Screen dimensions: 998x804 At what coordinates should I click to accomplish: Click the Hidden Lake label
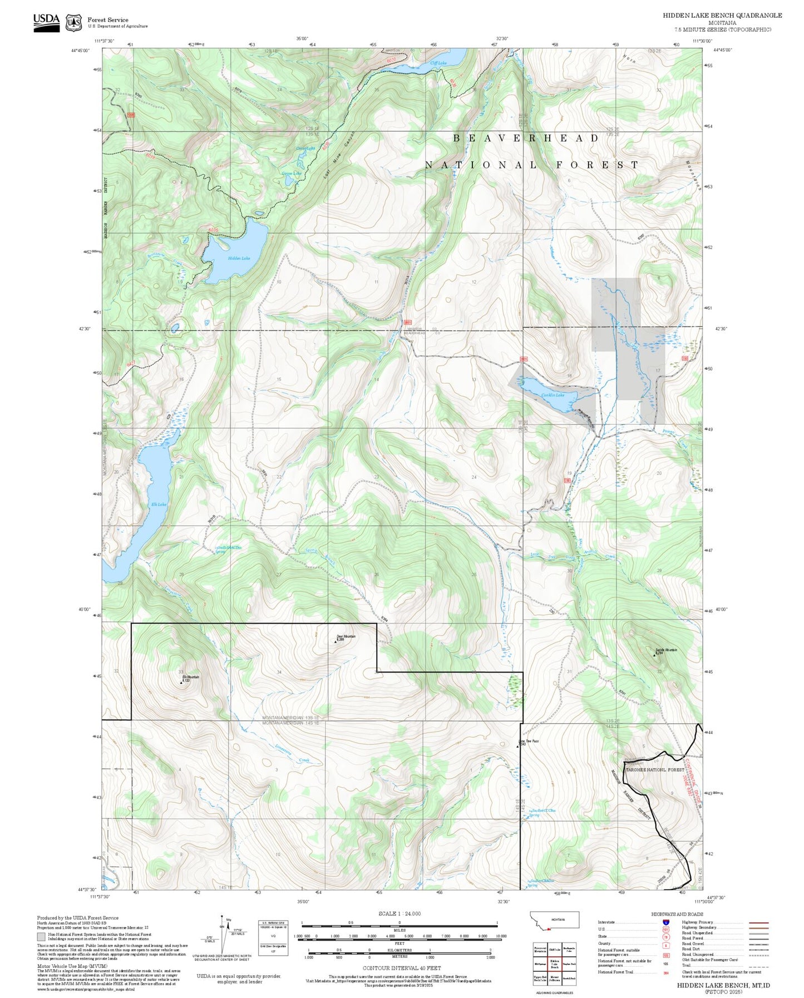[x=239, y=258]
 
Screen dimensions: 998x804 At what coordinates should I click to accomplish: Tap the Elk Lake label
[x=159, y=505]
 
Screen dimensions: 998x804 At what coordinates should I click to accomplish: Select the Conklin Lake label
[x=553, y=395]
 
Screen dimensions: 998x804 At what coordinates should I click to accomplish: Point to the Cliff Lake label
[x=438, y=63]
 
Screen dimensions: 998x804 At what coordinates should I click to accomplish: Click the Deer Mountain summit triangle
[x=336, y=641]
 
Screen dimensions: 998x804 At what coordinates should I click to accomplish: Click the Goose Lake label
[x=291, y=174]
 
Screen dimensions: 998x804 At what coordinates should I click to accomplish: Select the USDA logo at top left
[x=46, y=22]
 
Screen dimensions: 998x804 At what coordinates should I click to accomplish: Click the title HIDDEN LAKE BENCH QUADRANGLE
[x=722, y=16]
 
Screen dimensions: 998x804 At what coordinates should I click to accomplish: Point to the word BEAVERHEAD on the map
[x=525, y=138]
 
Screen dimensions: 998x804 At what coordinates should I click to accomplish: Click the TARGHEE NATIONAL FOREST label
[x=654, y=770]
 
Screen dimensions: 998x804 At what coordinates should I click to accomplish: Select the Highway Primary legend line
[x=758, y=922]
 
